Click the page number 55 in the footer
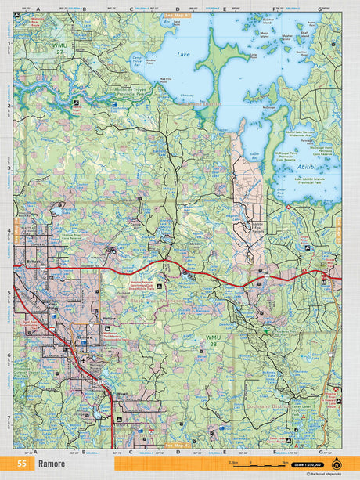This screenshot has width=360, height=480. coord(22,464)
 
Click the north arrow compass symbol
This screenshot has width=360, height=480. coord(337,464)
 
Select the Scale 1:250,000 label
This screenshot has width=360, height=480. coord(306,464)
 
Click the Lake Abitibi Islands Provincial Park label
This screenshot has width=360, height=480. coord(314,182)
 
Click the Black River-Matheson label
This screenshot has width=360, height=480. coord(162,301)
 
